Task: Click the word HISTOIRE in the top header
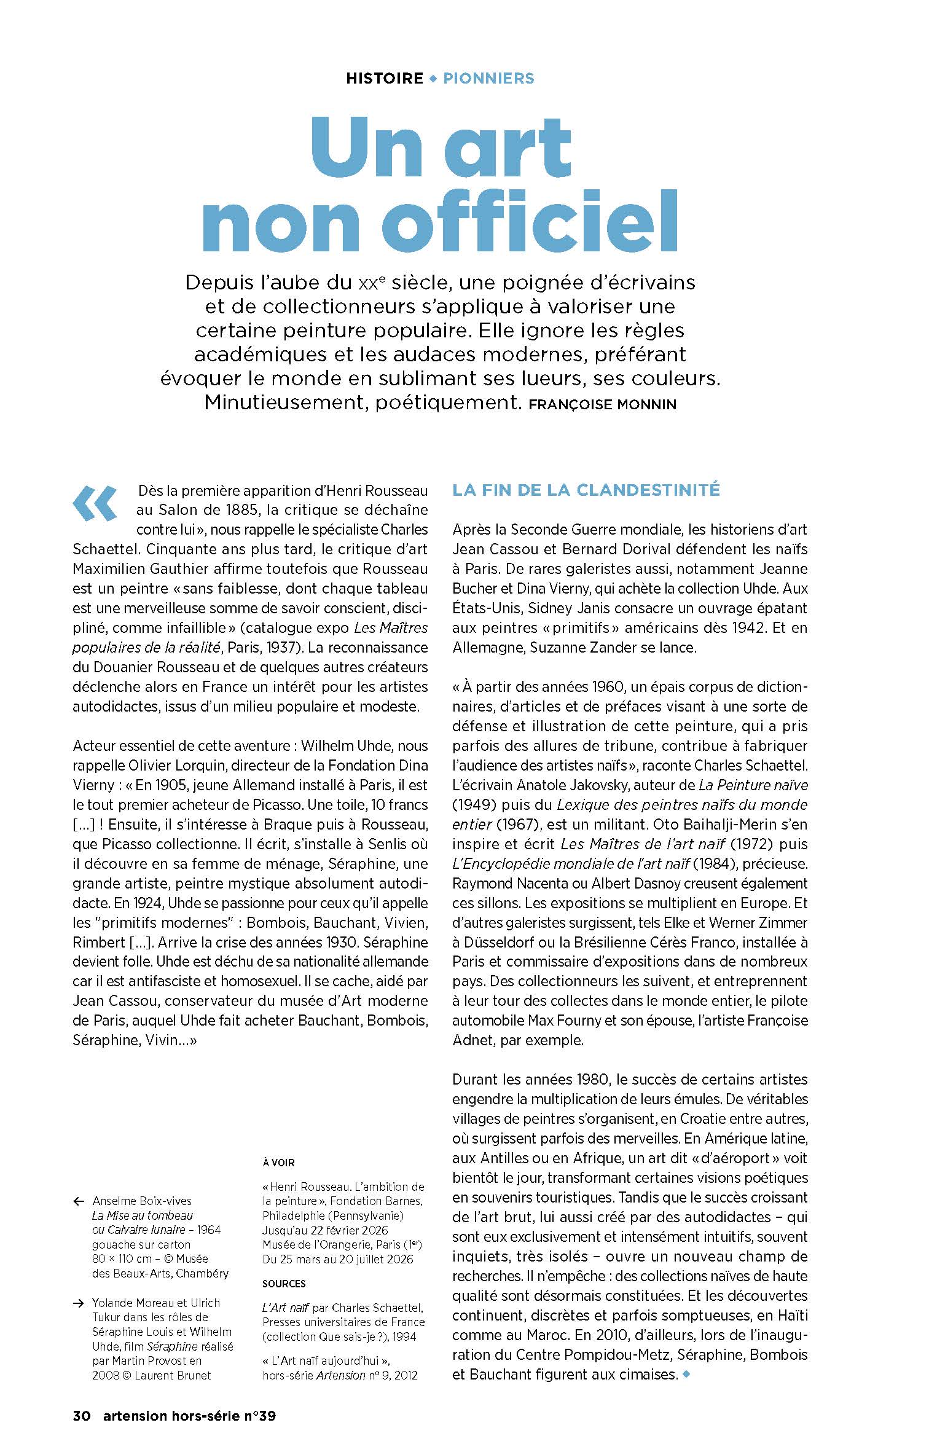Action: point(385,79)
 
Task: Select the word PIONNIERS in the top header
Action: point(488,79)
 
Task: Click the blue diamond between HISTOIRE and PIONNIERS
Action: point(433,79)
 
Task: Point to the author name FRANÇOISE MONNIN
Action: point(602,404)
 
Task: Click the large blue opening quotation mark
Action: point(95,504)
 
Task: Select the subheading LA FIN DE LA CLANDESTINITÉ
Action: point(586,490)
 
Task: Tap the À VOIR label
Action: point(278,1163)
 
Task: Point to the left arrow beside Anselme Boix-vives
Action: point(78,1201)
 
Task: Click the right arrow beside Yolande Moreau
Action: point(78,1303)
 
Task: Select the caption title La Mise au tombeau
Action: point(143,1215)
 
